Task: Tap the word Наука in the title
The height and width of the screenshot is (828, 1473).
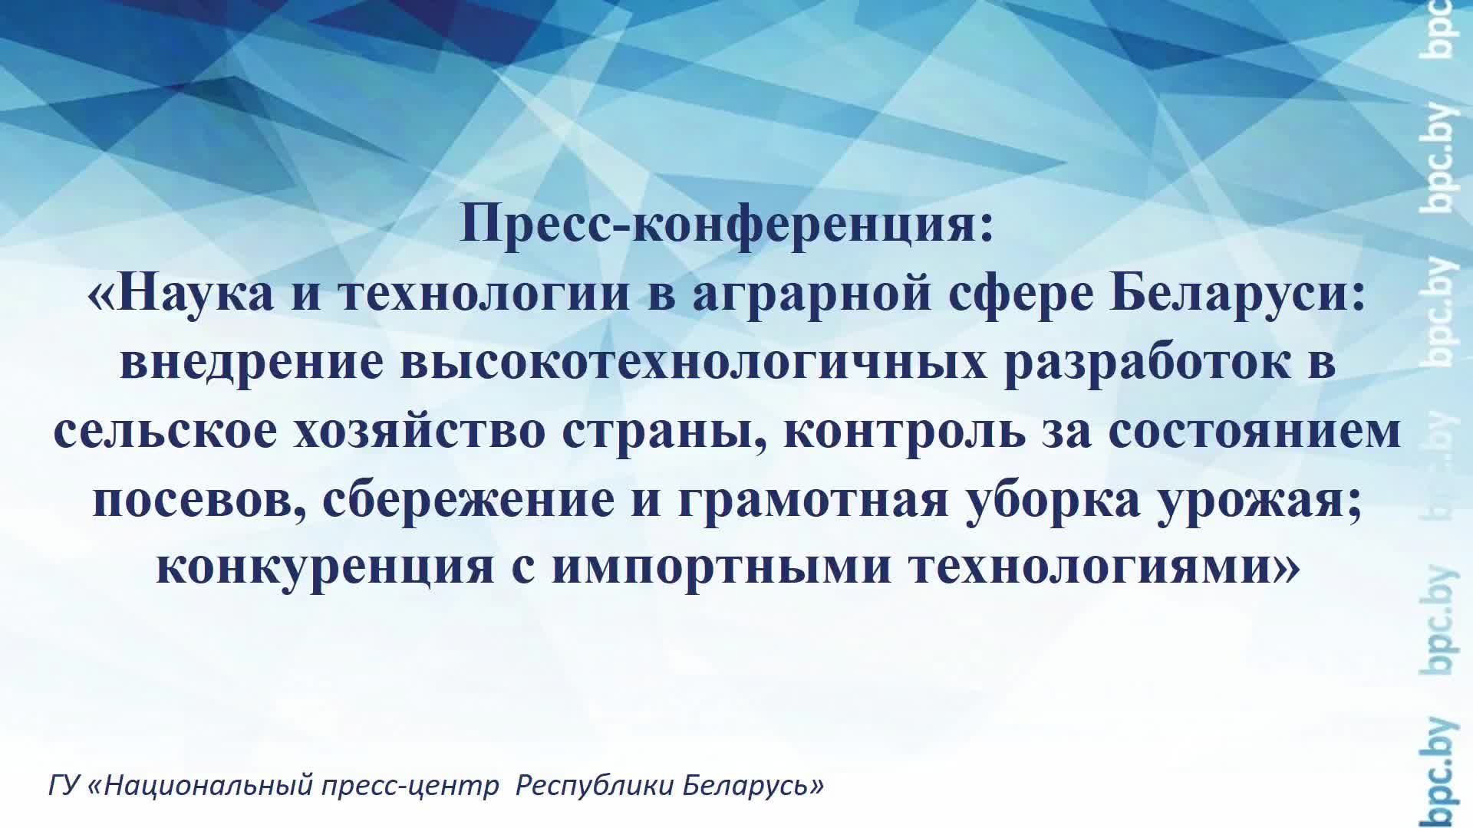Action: pos(196,294)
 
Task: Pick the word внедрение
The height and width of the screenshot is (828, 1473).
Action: pos(251,362)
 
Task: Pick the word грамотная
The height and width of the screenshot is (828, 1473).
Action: pos(813,499)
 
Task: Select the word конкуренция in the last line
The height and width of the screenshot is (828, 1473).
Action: pos(325,568)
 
